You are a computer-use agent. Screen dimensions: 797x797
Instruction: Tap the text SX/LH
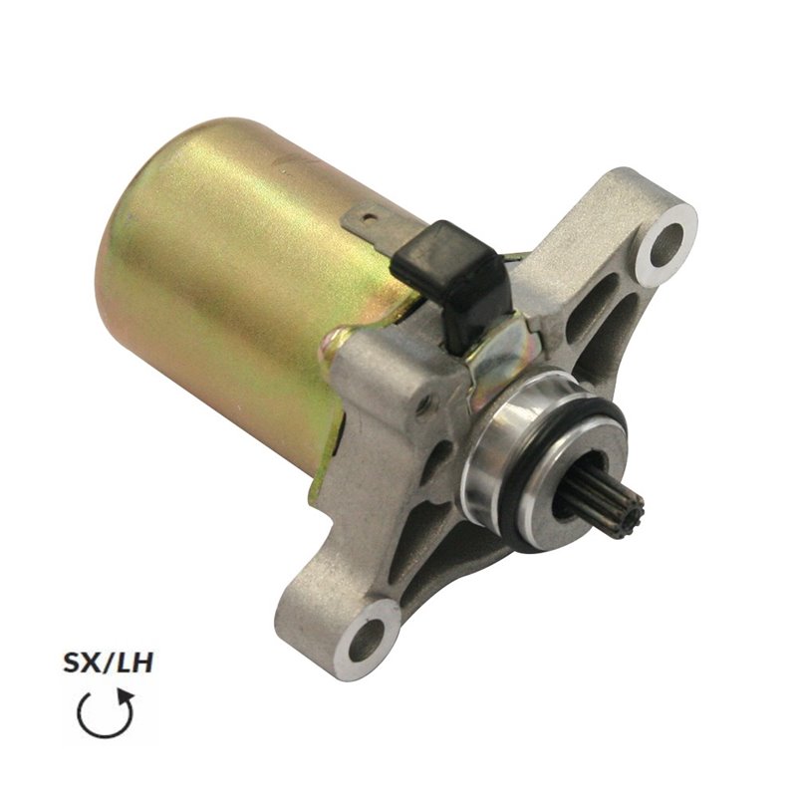108,664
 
